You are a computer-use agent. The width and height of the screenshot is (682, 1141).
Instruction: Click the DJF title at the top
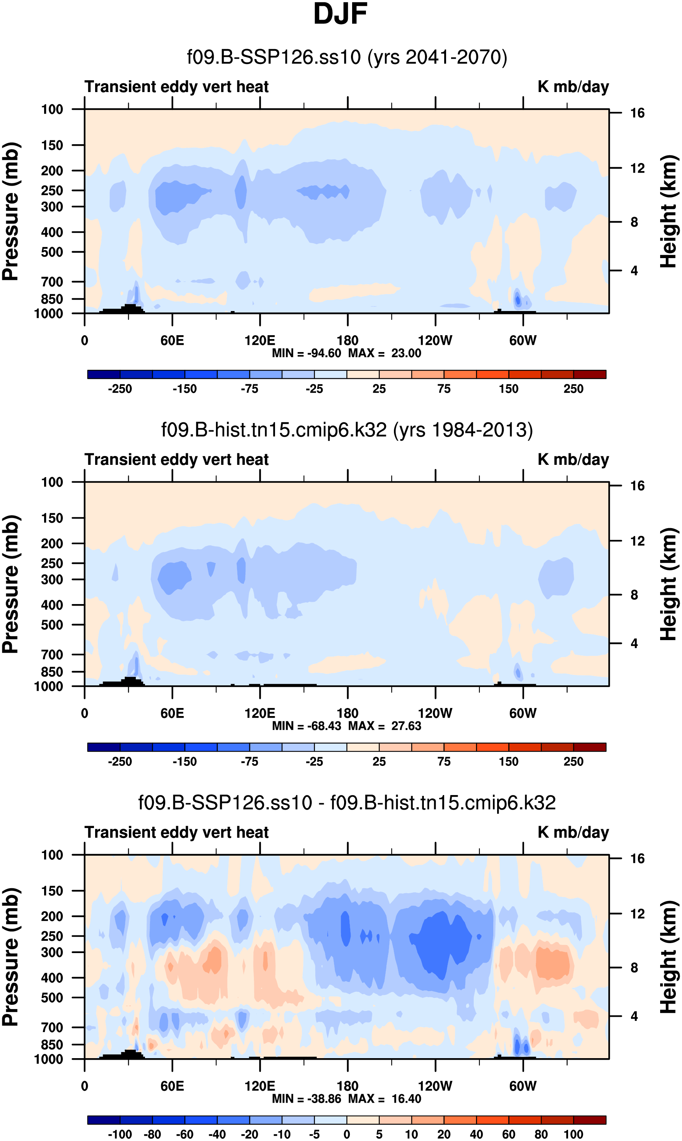click(340, 14)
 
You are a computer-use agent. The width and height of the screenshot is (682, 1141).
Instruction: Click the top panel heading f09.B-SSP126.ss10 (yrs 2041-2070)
click(347, 57)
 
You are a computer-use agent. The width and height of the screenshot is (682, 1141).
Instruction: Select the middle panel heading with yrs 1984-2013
click(347, 430)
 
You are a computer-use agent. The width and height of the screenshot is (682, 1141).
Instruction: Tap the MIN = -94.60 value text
click(306, 353)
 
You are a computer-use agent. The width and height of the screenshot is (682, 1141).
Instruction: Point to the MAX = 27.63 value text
click(385, 726)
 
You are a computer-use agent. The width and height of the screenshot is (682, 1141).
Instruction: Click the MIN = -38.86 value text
click(306, 1099)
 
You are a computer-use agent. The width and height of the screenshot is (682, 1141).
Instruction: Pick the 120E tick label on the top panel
click(260, 341)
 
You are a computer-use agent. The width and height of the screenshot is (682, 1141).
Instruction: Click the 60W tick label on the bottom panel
click(522, 1086)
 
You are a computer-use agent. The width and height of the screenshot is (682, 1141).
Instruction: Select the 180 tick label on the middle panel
click(348, 713)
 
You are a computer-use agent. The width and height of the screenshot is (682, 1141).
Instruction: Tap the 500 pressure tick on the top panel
click(52, 252)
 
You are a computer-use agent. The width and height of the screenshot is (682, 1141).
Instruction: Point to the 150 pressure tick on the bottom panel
click(52, 891)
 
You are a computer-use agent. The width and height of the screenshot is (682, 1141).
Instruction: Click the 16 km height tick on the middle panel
click(637, 486)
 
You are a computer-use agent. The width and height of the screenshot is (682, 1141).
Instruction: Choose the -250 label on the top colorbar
click(120, 389)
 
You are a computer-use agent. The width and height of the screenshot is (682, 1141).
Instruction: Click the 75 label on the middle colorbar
click(443, 761)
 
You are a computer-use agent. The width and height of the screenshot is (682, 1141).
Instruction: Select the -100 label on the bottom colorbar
click(120, 1134)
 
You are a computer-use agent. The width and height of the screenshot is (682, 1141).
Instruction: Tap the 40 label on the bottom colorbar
click(476, 1134)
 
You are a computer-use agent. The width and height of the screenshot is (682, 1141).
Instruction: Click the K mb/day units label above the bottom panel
click(573, 832)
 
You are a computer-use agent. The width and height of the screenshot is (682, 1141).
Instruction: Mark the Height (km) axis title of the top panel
click(669, 211)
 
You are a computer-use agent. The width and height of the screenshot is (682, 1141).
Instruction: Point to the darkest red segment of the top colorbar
click(590, 374)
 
